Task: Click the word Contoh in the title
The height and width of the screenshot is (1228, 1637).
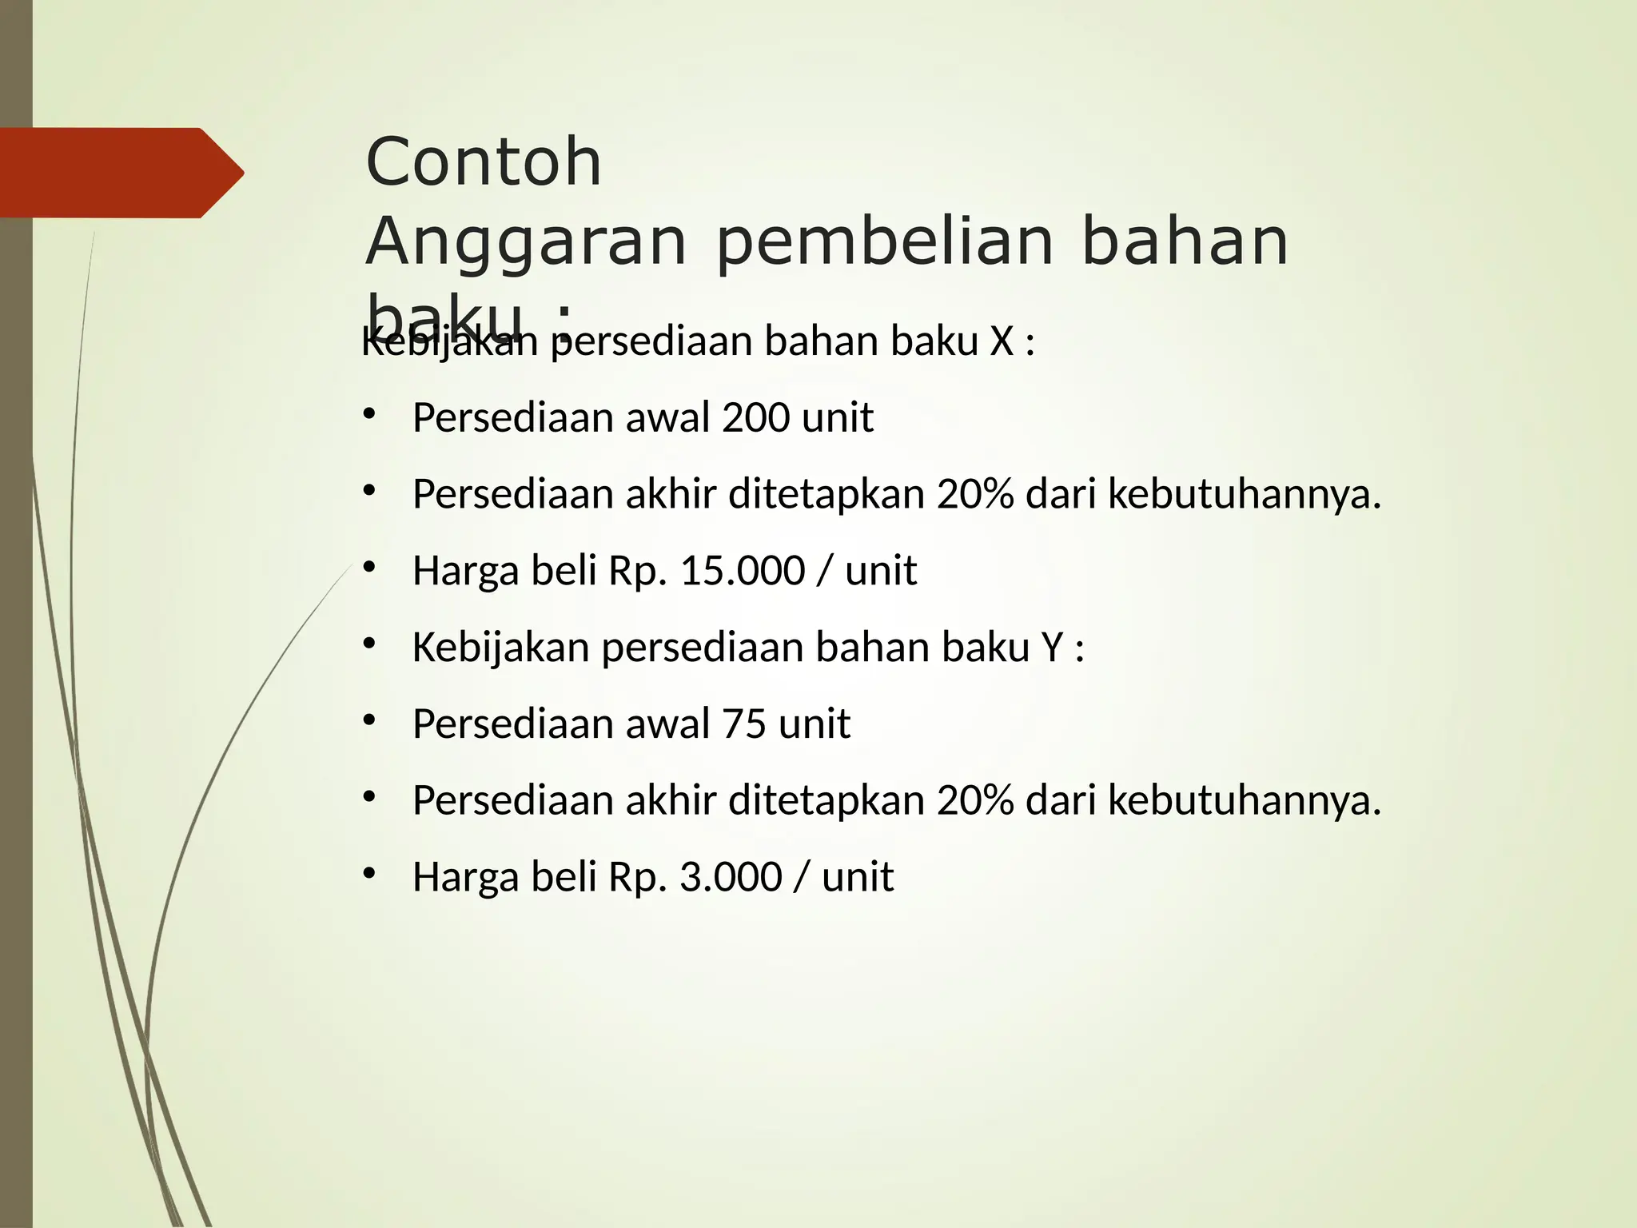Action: [x=483, y=162]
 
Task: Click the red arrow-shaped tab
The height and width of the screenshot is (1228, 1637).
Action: [x=120, y=173]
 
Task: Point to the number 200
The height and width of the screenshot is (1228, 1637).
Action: [x=755, y=417]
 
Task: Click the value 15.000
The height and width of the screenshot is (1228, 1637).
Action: [x=742, y=571]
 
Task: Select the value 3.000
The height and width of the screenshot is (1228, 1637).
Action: [x=731, y=877]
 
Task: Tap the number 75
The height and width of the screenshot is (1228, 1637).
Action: [x=743, y=724]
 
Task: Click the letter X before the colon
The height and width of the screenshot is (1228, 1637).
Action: [x=1002, y=341]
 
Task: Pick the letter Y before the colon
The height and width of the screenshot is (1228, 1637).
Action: [x=1052, y=648]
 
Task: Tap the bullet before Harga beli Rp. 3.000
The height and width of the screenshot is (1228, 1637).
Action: [x=368, y=873]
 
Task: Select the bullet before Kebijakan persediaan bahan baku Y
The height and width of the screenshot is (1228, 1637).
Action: [x=368, y=644]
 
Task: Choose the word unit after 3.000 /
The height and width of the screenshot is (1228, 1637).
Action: [x=858, y=877]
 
